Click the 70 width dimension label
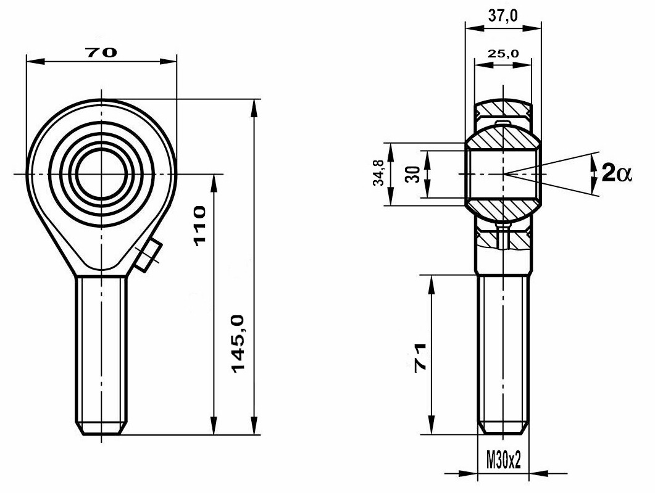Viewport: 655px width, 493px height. pos(101,52)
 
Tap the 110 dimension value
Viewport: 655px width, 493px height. pos(200,225)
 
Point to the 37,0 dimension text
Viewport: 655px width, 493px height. pos(503,15)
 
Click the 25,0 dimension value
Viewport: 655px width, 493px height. pos(503,54)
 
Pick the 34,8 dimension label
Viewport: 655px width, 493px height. pos(378,172)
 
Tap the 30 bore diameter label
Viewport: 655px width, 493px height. pos(413,173)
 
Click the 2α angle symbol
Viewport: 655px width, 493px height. pos(617,172)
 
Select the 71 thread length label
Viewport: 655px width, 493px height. pos(420,357)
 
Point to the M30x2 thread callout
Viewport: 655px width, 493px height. pos(504,460)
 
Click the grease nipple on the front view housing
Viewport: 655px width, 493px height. pos(148,255)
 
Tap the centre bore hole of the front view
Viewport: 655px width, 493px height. pos(101,173)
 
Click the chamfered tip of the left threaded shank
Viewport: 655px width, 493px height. pos(101,428)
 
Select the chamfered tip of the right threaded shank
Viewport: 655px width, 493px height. pos(503,428)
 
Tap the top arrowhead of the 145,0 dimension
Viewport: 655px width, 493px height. pos(254,109)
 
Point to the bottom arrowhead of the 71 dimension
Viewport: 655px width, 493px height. pos(432,425)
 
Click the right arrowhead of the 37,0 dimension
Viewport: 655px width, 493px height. pos(532,28)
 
